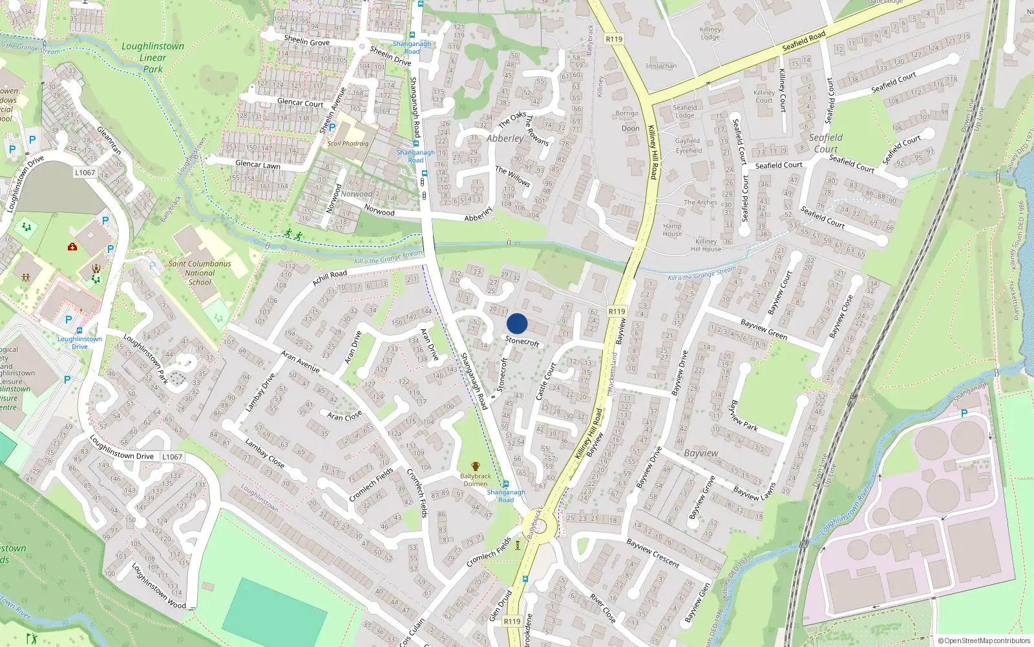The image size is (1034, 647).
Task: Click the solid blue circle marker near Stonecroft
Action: click(517, 323)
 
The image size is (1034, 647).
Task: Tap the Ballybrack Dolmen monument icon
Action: click(476, 466)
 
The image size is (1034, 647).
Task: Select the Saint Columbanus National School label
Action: click(200, 272)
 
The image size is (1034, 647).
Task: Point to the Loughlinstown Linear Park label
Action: click(153, 58)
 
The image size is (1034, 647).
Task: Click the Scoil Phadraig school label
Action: click(348, 144)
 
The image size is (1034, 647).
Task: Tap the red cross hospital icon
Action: click(72, 247)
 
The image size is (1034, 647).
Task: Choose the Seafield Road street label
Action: click(804, 41)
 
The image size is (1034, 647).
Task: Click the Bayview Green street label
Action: click(764, 329)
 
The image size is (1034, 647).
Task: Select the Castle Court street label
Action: click(546, 381)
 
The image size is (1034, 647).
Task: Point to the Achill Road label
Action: click(330, 278)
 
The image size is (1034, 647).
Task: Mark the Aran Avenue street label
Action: click(301, 361)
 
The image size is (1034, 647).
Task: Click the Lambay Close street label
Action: click(265, 452)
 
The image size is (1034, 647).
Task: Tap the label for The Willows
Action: click(512, 176)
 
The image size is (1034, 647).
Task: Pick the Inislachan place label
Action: click(661, 66)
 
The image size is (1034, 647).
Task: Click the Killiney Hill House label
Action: click(706, 245)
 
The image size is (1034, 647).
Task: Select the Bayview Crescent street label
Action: click(653, 553)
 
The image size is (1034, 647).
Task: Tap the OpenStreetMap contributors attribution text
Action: click(984, 641)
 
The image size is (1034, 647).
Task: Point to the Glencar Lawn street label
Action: click(258, 164)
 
